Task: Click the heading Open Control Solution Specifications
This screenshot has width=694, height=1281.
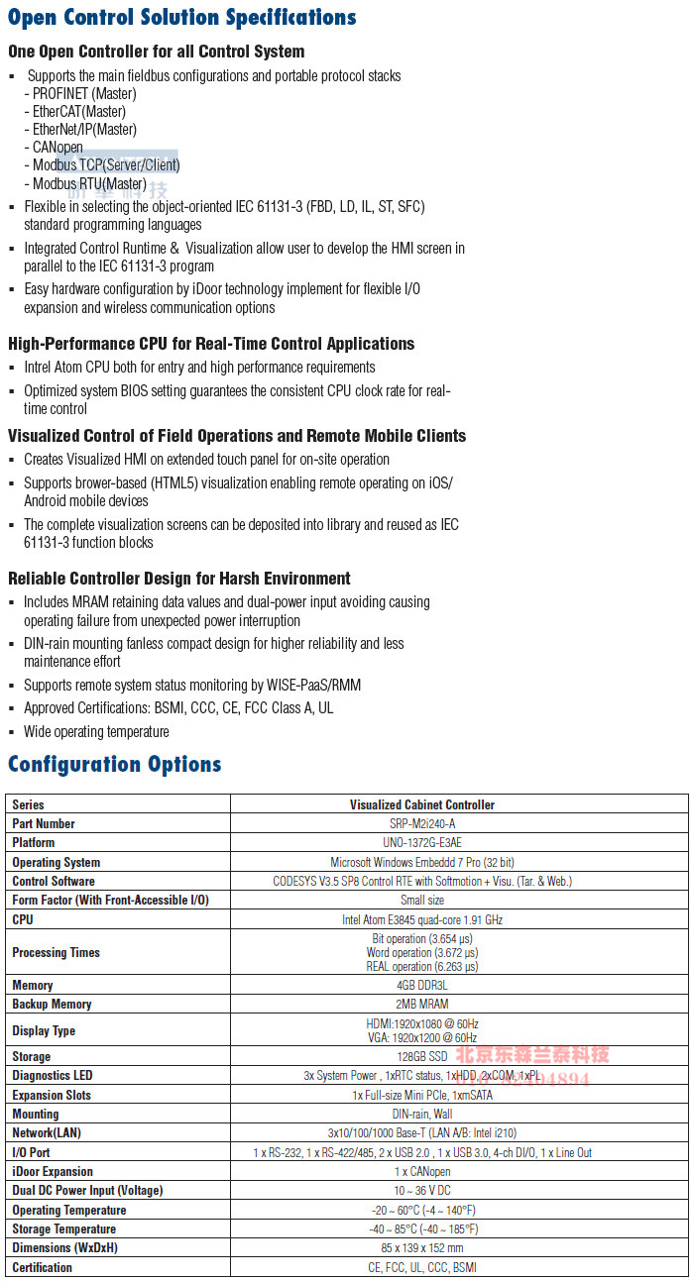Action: point(182,18)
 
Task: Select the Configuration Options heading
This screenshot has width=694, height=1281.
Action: point(114,764)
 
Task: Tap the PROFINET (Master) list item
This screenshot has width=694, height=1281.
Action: point(84,93)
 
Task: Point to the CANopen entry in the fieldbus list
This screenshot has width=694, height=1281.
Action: point(58,147)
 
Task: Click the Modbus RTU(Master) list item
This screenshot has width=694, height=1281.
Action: point(89,183)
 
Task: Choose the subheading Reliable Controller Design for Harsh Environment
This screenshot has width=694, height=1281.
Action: point(179,579)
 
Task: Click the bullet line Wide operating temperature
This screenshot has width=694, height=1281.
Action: point(96,731)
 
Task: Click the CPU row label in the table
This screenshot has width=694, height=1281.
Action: point(23,919)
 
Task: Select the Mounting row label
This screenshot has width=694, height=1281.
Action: point(36,1114)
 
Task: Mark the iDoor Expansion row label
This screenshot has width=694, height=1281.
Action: point(53,1171)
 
